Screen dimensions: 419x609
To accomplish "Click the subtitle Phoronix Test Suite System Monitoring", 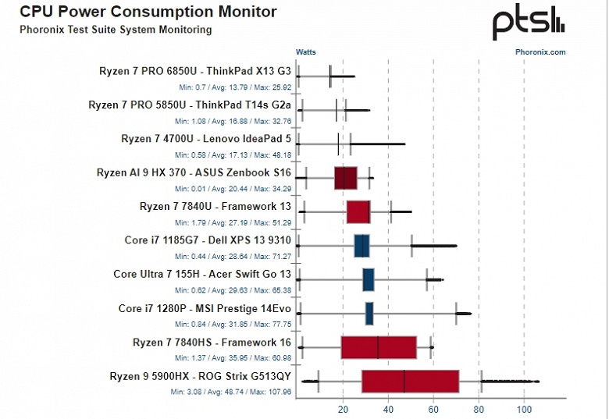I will pos(115,30).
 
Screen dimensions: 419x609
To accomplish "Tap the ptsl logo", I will pos(527,23).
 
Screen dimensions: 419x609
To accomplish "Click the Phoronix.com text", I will pos(540,52).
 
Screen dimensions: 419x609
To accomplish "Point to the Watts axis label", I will pos(305,52).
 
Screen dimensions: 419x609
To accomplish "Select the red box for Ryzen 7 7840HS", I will pos(379,347).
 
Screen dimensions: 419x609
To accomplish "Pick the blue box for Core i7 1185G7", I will pos(361,246).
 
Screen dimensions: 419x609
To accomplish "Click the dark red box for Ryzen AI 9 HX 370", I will pos(345,178).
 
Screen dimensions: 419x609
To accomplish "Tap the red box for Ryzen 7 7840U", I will pos(358,212).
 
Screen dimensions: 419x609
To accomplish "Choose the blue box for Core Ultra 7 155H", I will pos(369,279).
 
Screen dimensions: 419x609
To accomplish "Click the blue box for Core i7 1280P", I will pos(369,314).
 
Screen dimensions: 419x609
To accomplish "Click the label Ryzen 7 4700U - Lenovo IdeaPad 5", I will pos(206,138).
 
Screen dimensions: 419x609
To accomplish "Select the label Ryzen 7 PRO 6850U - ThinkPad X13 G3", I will pos(195,70).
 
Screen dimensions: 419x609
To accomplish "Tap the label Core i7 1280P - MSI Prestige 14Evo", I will pos(205,308).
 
